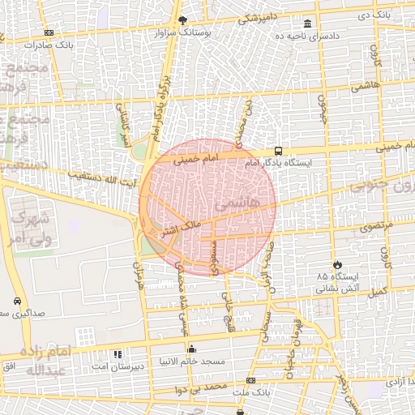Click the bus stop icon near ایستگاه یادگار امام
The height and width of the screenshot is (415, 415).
279,151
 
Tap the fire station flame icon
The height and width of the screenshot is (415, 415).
337,265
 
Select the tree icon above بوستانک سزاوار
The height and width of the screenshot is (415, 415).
183,20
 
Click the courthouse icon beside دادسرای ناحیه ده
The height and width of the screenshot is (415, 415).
307,24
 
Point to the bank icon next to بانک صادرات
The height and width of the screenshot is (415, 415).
49,32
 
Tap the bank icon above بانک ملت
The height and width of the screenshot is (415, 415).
250,380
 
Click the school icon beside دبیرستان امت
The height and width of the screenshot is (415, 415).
118,354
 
